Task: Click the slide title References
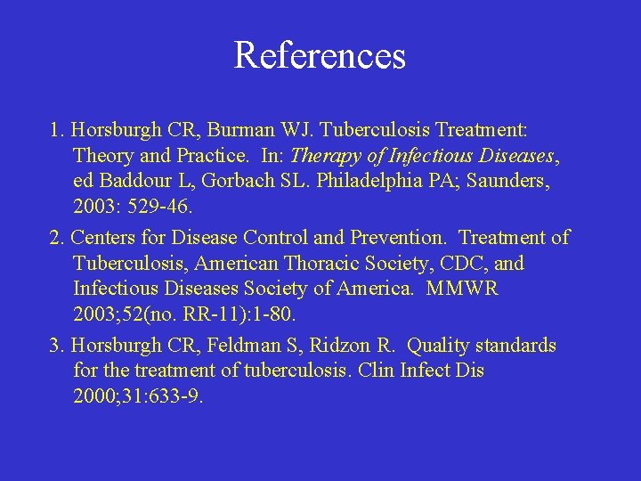point(320,55)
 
